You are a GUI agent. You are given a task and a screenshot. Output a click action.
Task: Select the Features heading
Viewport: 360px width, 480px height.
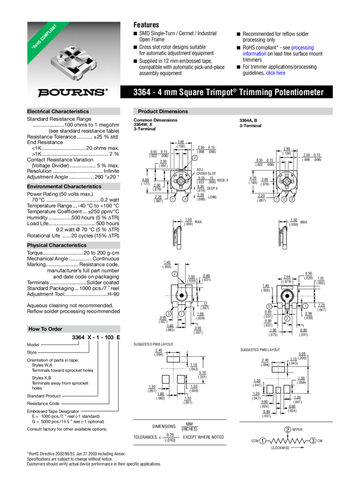pyautogui.click(x=146, y=25)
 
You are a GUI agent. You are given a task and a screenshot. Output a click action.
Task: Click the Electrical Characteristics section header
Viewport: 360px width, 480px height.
pyautogui.click(x=58, y=112)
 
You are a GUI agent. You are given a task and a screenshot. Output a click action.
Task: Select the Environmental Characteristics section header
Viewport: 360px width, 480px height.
pyautogui.click(x=64, y=186)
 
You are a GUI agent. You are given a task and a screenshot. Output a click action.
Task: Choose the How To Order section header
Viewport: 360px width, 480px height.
pyautogui.click(x=45, y=329)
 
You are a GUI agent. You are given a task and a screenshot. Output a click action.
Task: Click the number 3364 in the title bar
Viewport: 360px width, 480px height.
pyautogui.click(x=142, y=92)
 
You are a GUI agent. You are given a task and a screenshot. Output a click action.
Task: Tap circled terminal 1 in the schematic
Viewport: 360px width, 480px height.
pyautogui.click(x=262, y=440)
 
